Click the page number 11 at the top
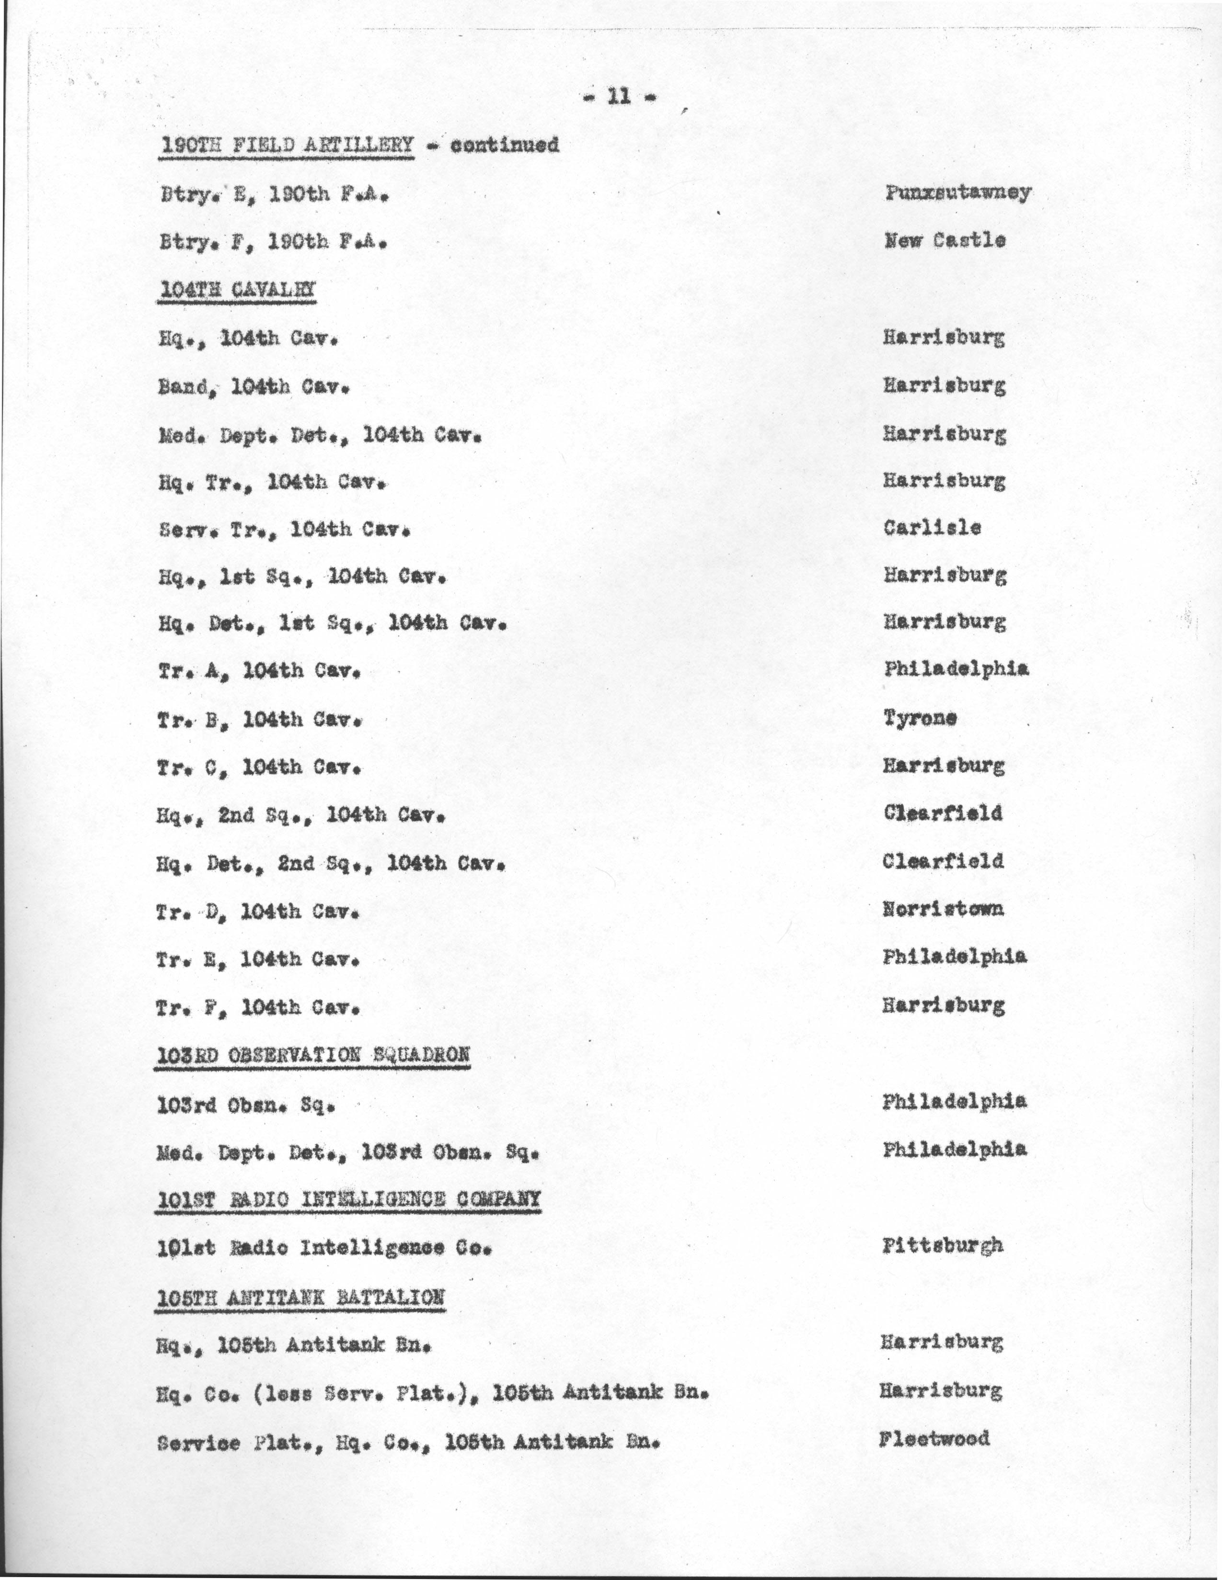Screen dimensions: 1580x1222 (619, 97)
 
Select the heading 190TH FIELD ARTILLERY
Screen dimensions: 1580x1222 (287, 146)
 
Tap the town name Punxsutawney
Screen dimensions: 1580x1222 (957, 193)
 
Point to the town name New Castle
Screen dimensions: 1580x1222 (944, 240)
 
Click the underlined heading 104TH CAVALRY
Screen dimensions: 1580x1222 (237, 289)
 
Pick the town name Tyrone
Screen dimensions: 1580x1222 (920, 718)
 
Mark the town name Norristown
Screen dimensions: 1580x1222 (943, 909)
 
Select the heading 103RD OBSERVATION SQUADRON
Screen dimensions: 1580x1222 (313, 1056)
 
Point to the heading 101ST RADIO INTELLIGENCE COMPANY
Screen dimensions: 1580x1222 (349, 1199)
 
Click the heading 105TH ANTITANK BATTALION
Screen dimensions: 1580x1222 (300, 1297)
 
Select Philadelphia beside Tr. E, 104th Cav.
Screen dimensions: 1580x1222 (954, 957)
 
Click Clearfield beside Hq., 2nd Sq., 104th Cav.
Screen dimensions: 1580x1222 (943, 813)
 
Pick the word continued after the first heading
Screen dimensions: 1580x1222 (505, 146)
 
